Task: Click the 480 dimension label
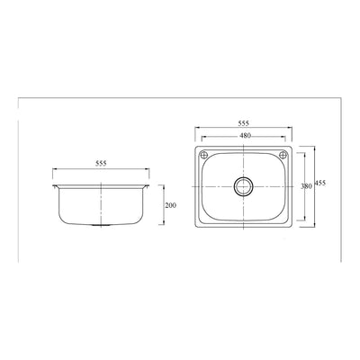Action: click(x=245, y=136)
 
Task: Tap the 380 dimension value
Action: click(x=306, y=186)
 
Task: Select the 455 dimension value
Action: click(x=320, y=184)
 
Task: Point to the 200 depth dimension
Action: click(x=171, y=205)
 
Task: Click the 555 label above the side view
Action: click(x=101, y=164)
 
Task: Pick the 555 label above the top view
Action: click(x=244, y=123)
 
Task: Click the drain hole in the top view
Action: click(x=244, y=186)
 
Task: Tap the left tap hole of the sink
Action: click(x=203, y=155)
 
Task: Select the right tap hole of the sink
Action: click(x=283, y=155)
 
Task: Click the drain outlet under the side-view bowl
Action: click(x=101, y=224)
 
